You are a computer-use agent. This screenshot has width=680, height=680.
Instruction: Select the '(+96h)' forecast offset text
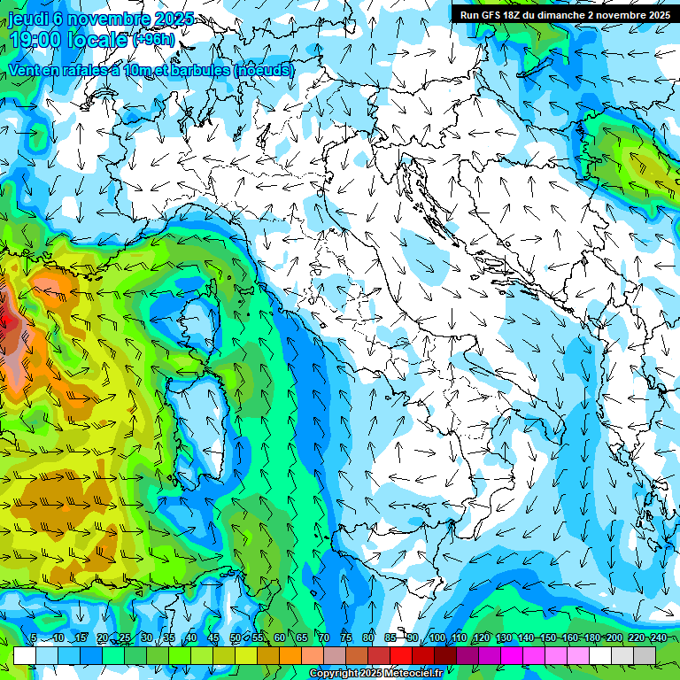pos(153,40)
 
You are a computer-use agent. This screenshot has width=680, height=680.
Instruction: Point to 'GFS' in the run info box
pos(491,15)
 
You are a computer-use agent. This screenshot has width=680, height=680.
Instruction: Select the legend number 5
pos(33,638)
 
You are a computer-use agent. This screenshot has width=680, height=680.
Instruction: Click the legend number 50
pos(235,638)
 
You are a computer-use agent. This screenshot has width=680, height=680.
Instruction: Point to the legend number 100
pos(437,638)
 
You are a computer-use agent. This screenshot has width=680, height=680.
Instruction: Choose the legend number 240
pos(658,638)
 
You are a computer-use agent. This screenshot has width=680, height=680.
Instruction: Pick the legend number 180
pos(591,638)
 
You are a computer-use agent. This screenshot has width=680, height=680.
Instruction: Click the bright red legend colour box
pos(401,655)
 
